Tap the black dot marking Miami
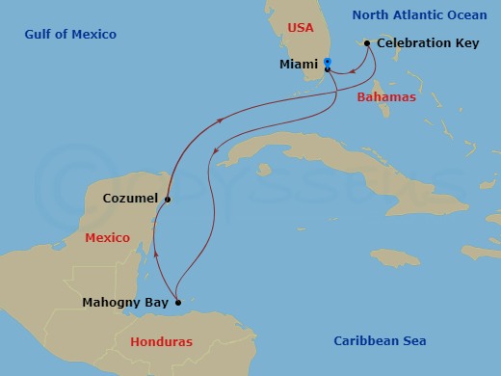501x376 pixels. [329, 69]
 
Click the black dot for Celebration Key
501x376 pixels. [367, 42]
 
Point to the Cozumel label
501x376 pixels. [131, 199]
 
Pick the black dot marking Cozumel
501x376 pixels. [168, 200]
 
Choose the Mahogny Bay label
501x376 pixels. [125, 303]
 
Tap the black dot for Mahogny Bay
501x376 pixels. [178, 302]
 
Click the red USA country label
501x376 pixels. [301, 28]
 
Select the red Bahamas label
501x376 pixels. [386, 97]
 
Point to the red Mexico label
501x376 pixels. [107, 237]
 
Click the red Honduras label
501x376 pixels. [161, 341]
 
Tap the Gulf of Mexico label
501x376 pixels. [71, 35]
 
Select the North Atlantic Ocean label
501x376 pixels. [419, 14]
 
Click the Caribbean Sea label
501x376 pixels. [380, 340]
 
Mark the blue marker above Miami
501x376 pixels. [329, 62]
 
